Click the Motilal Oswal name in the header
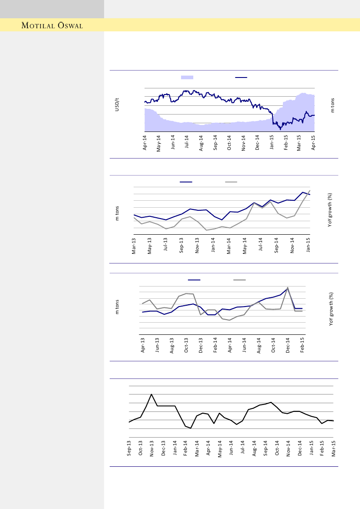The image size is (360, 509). tap(53, 25)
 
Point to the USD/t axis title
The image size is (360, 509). tap(117, 105)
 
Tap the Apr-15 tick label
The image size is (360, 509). tap(313, 142)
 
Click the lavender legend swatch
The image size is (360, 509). tap(187, 77)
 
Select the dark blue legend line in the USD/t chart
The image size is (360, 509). tap(241, 77)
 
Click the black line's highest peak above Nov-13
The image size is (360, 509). tap(151, 394)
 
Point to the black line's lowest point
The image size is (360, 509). tap(191, 428)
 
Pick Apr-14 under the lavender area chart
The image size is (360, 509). tap(145, 142)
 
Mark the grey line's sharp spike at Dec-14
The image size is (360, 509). tap(288, 288)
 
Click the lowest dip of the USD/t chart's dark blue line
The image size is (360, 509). tap(280, 129)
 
